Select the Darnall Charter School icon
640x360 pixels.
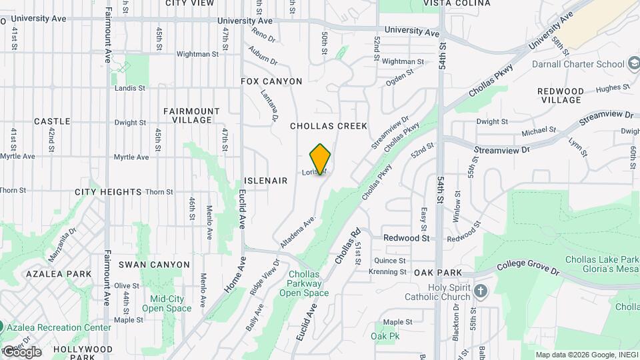point(634,64)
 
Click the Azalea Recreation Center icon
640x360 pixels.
point(2,327)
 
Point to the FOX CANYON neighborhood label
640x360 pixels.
point(271,81)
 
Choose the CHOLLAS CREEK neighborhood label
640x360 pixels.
point(329,125)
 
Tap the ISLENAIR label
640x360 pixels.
point(265,181)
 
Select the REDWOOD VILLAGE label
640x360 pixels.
point(561,95)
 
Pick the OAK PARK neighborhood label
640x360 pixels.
point(437,273)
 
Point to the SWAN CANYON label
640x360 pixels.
point(155,265)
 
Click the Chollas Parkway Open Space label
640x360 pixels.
point(304,283)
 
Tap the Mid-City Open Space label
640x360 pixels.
point(167,303)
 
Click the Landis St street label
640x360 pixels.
point(129,88)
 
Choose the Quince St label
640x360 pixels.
point(390,261)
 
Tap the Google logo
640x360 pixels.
point(21,351)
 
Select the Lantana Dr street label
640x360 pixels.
point(270,107)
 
